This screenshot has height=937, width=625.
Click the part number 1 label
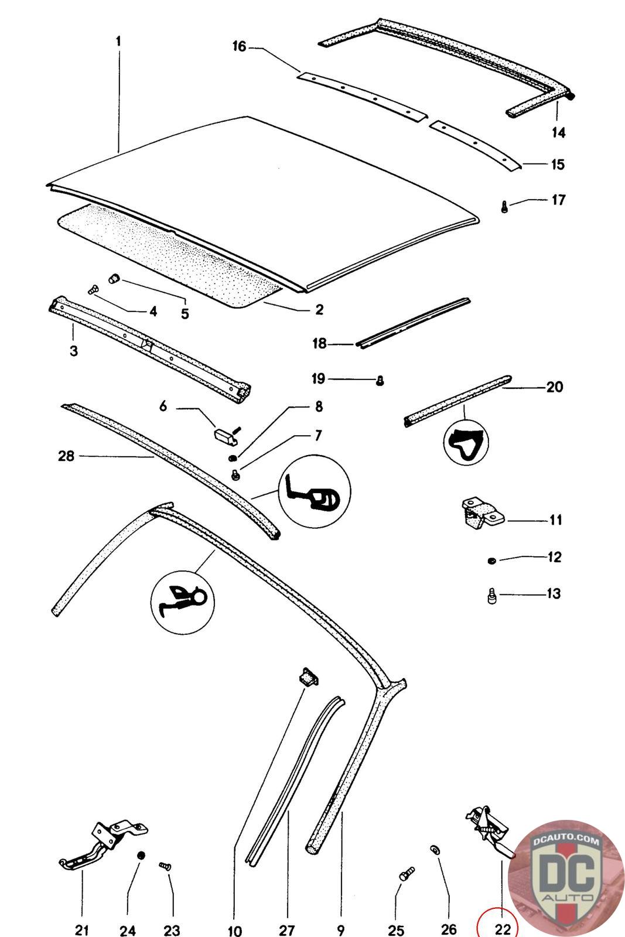(x=118, y=41)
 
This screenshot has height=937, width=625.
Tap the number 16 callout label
(x=240, y=46)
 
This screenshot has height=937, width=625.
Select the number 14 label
(x=558, y=132)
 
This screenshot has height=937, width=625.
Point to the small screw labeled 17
(x=504, y=207)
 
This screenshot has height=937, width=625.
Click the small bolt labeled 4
(x=94, y=289)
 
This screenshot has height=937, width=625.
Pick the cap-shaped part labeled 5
(x=114, y=278)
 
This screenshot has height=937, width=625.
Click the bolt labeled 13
(x=492, y=596)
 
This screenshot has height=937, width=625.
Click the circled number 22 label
(x=503, y=929)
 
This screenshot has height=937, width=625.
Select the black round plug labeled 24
(x=141, y=855)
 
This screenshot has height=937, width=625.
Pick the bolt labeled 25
(x=406, y=874)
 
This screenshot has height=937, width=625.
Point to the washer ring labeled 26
(x=434, y=850)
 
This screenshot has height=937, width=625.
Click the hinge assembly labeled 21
(x=103, y=845)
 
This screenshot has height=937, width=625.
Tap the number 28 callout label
(x=66, y=456)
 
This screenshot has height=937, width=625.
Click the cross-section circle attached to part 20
(x=466, y=442)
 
